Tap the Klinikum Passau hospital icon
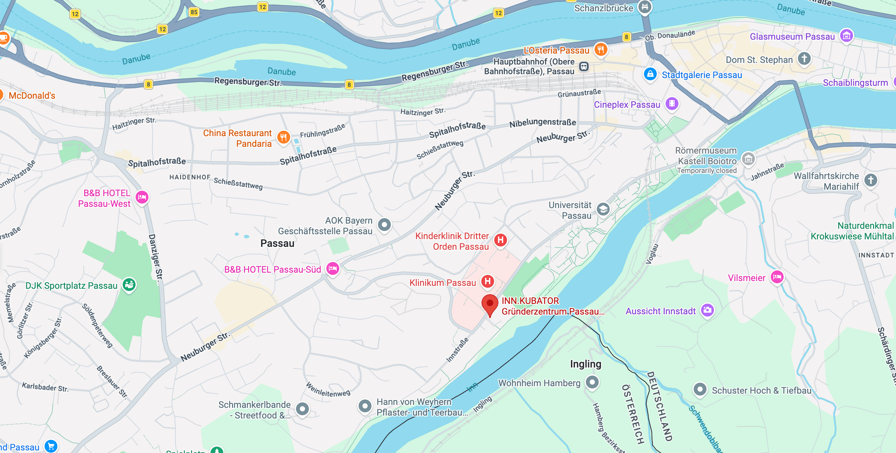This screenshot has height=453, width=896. tap(488, 281)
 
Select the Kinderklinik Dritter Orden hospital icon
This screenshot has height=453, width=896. tap(501, 240)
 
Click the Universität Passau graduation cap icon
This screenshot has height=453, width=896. tap(603, 209)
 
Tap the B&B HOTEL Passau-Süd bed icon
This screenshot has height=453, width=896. tap(332, 268)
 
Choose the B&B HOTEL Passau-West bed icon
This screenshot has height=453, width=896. tap(142, 197)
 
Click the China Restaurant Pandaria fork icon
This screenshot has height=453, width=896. tap(283, 137)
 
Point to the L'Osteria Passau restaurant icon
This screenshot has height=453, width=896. tap(601, 49)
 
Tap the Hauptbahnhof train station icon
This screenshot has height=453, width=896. tap(584, 66)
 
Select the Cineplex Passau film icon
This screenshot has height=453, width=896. tap(672, 104)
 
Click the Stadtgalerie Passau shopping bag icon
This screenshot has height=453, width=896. tap(650, 74)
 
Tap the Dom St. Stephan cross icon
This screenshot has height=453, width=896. tap(804, 58)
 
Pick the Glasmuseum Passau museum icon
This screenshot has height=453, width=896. tap(846, 35)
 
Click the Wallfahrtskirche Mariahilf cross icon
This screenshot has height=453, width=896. tap(871, 180)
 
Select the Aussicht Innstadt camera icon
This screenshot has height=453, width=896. tap(707, 310)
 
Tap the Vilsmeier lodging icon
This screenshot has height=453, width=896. tap(777, 277)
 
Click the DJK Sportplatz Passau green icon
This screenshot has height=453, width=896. tap(129, 285)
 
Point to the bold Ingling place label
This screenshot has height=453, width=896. tap(585, 364)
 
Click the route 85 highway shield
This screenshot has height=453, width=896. tap(194, 12)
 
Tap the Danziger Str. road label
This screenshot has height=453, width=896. tap(156, 257)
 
